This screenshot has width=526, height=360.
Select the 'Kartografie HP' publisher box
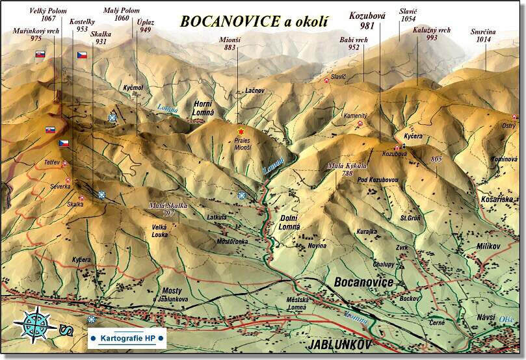point(127,338)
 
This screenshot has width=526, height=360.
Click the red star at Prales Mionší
point(241,131)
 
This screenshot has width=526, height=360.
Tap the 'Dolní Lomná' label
point(291,222)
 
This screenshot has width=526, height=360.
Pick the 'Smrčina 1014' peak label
point(484,35)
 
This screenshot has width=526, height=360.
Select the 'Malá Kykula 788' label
point(344,169)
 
